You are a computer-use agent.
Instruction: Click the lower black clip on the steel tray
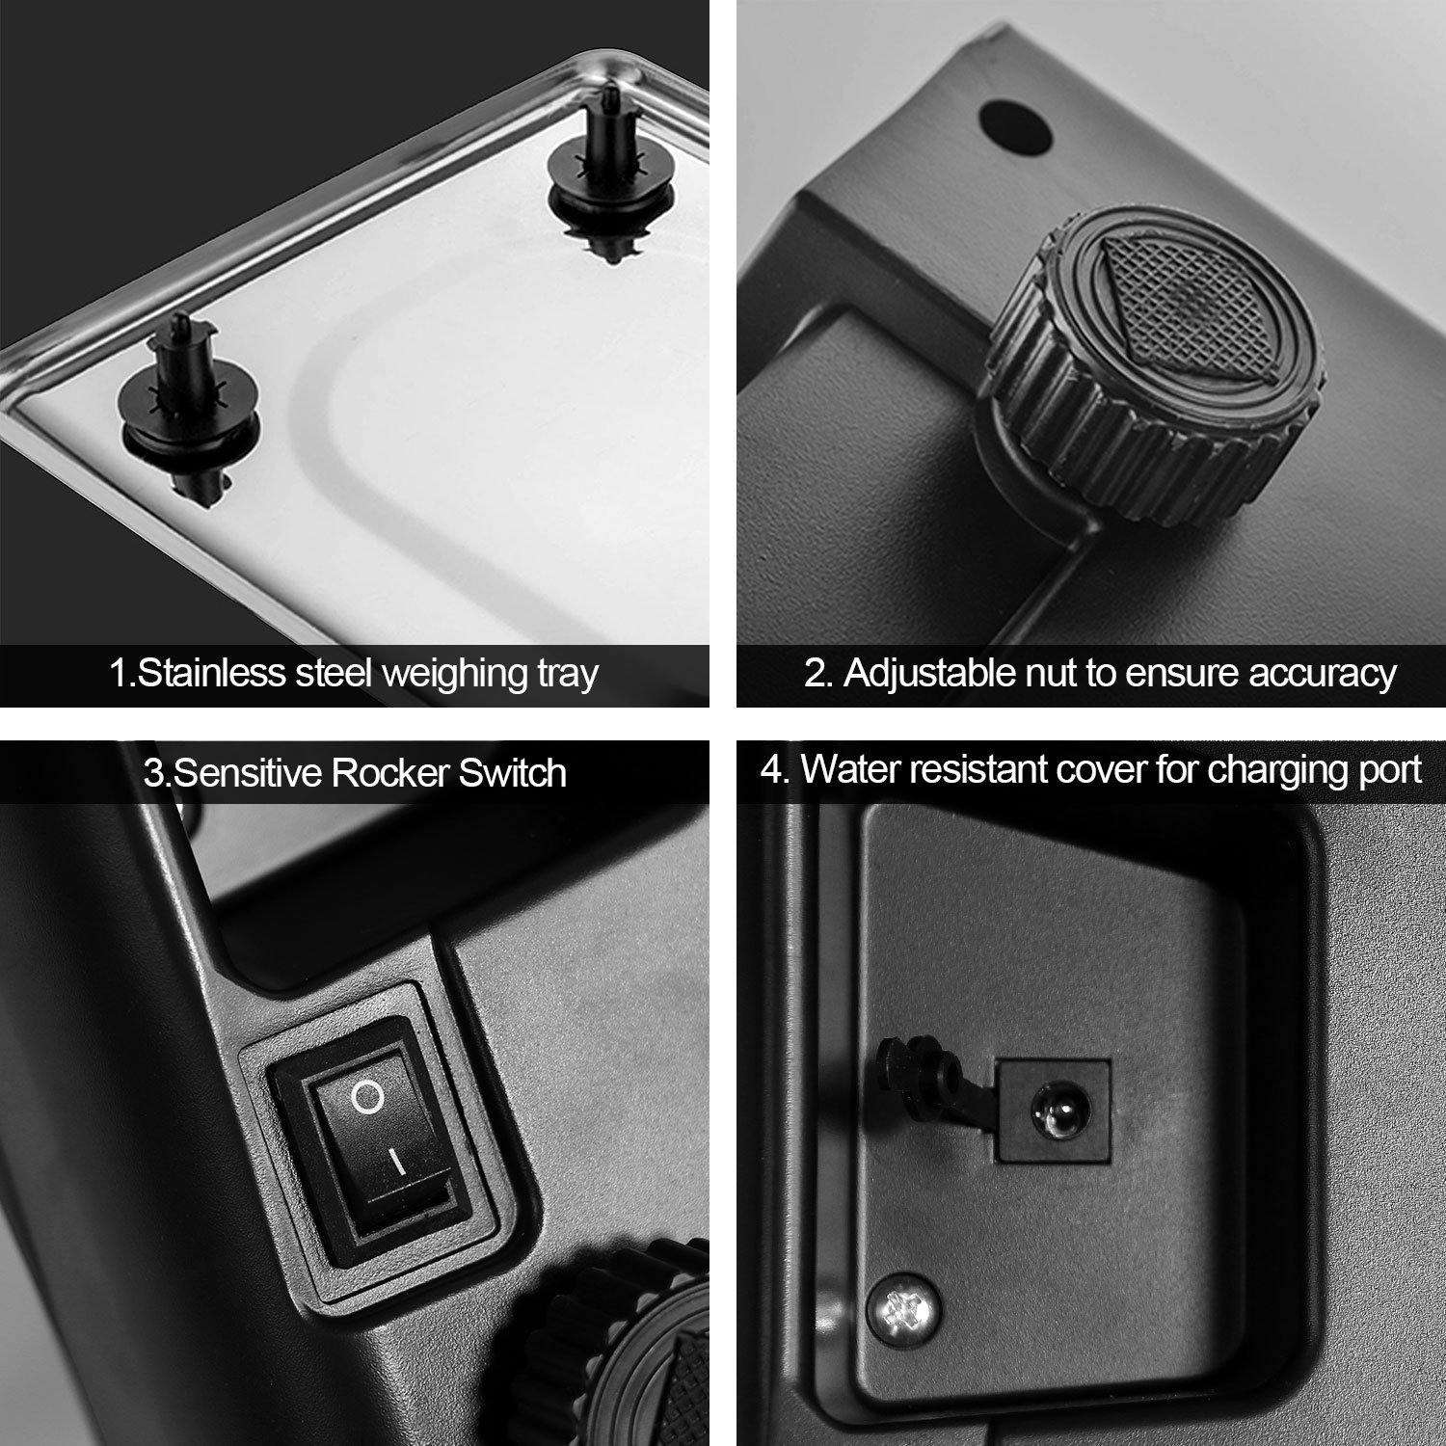coord(190,405)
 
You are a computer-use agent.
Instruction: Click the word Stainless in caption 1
coord(213,672)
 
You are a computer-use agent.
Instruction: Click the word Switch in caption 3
coord(513,773)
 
